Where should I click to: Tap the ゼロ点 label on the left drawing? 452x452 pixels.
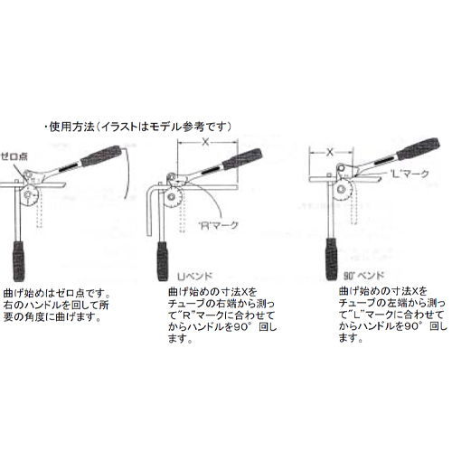click(16, 156)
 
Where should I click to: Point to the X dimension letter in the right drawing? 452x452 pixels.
click(329, 153)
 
